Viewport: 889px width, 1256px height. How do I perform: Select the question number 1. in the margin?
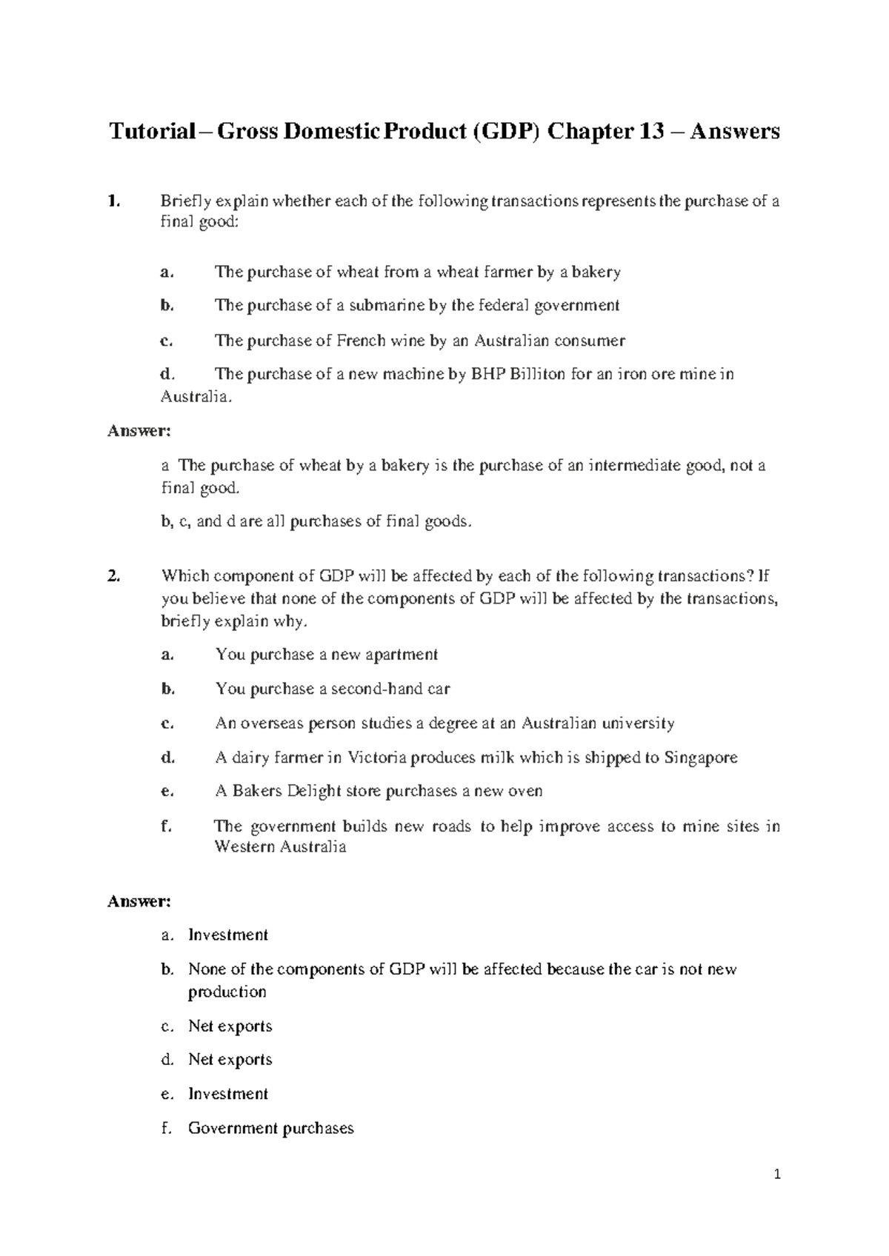(113, 201)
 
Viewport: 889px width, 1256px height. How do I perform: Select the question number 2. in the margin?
(113, 576)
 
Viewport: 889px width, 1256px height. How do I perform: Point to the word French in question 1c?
(362, 341)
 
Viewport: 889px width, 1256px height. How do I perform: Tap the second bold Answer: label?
(139, 901)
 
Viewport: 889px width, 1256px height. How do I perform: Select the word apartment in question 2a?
(402, 655)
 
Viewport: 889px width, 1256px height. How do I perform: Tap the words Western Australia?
(280, 846)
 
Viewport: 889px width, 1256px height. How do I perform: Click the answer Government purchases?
(271, 1128)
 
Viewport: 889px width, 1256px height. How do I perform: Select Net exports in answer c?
(230, 1026)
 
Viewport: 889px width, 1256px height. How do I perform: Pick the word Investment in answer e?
(228, 1094)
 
